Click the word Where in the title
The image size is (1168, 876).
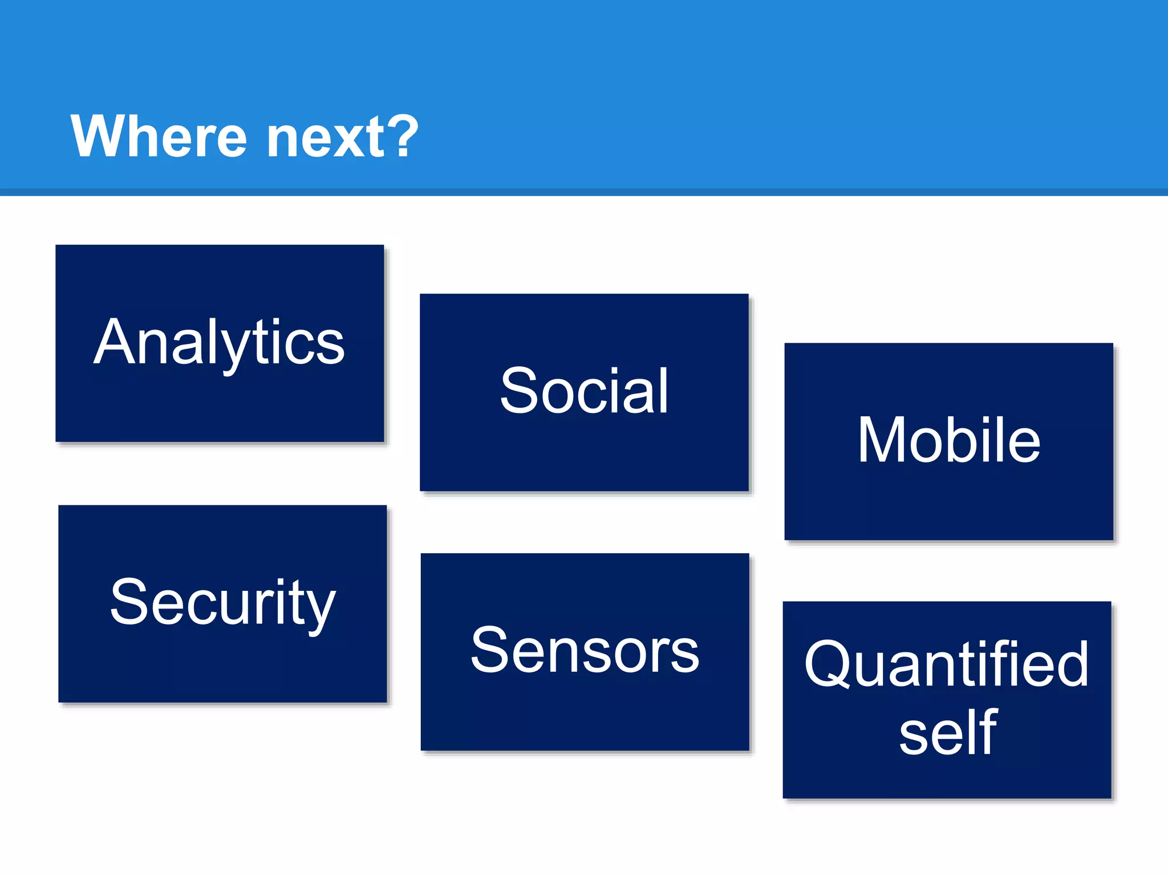[x=159, y=136]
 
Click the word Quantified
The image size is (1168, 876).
[x=947, y=664]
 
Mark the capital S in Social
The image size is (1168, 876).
[x=519, y=391]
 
